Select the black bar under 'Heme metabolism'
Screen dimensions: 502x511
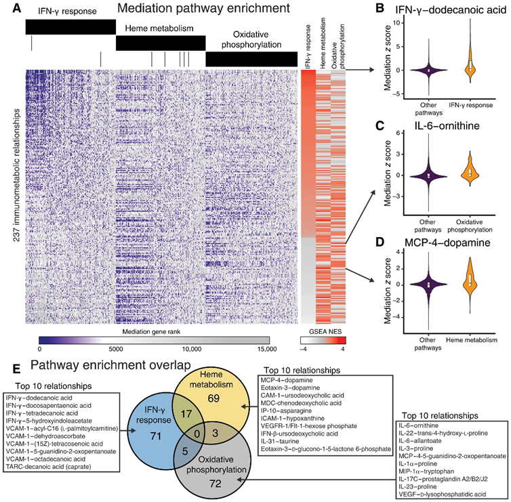[160, 43]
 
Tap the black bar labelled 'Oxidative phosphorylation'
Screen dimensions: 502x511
[251, 59]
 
